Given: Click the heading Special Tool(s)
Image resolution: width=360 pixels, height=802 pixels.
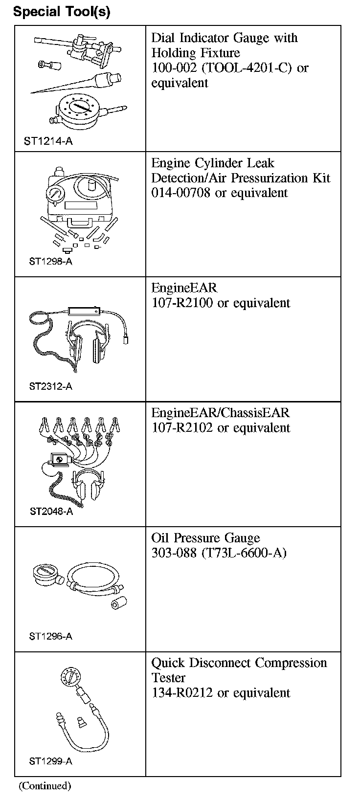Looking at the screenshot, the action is (62, 12).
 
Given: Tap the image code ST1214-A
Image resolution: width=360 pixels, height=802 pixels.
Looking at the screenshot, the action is (48, 141).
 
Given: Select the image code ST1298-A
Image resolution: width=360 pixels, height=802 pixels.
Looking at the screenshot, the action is (50, 261).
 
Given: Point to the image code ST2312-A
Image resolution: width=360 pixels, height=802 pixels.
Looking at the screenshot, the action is (50, 386).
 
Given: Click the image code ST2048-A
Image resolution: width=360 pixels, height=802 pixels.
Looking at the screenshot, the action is (51, 512).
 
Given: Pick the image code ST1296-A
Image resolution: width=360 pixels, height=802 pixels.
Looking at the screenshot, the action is (50, 636).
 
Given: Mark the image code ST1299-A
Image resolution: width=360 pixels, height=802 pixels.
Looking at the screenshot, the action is (50, 761).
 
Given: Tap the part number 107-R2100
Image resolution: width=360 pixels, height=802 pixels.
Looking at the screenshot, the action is (182, 303).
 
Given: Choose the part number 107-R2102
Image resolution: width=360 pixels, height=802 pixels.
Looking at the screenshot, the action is (182, 428).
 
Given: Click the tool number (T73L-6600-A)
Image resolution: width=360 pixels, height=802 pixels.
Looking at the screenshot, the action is (244, 553).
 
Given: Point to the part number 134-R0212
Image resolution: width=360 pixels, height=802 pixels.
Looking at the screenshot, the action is (182, 693).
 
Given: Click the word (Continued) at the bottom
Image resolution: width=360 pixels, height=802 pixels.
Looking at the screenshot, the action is (45, 786).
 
